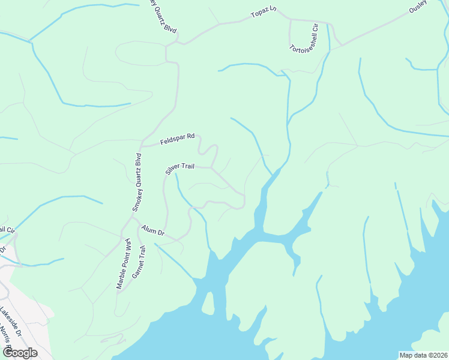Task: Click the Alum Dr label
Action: point(153,230)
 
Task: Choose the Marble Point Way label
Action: point(122,265)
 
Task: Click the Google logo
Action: point(19,353)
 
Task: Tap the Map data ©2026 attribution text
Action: point(423,355)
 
